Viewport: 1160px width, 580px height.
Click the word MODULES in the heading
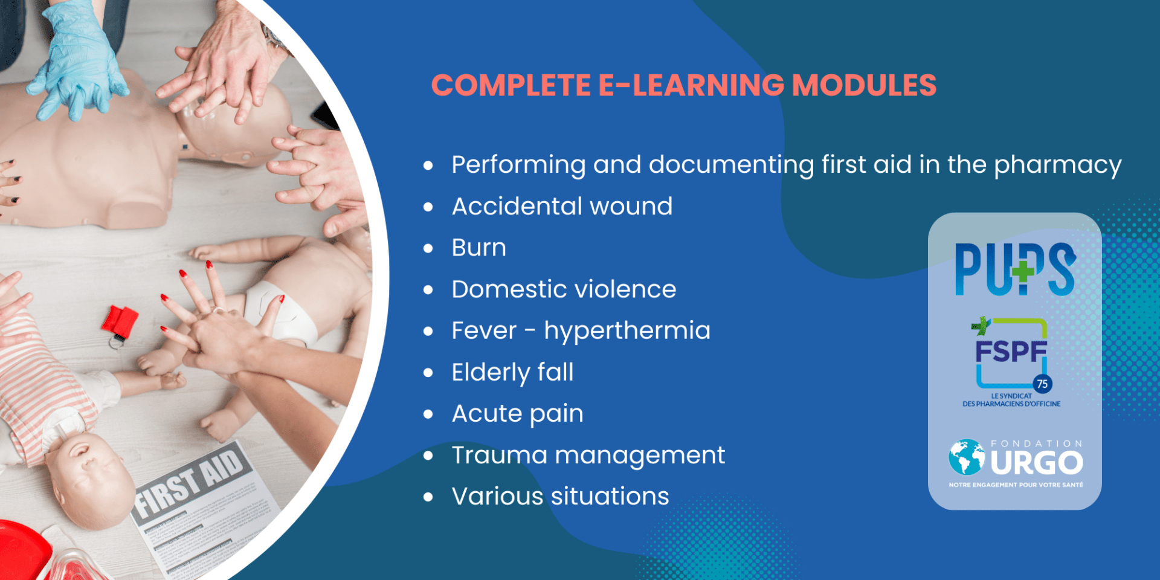864,85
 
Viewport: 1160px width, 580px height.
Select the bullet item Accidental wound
562,207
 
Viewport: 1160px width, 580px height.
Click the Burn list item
479,248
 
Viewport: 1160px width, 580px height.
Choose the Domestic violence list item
564,289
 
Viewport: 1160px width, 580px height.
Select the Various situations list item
560,497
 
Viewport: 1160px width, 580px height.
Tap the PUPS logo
1015,269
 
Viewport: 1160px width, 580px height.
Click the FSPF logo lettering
1011,351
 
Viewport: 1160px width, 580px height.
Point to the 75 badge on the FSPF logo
1042,384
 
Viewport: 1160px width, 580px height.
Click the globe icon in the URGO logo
967,457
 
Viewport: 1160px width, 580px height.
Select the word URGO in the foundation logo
1037,463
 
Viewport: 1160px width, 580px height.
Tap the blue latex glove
76,64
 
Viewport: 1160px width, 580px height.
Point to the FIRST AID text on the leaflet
190,483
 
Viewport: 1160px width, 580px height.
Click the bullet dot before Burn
428,248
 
